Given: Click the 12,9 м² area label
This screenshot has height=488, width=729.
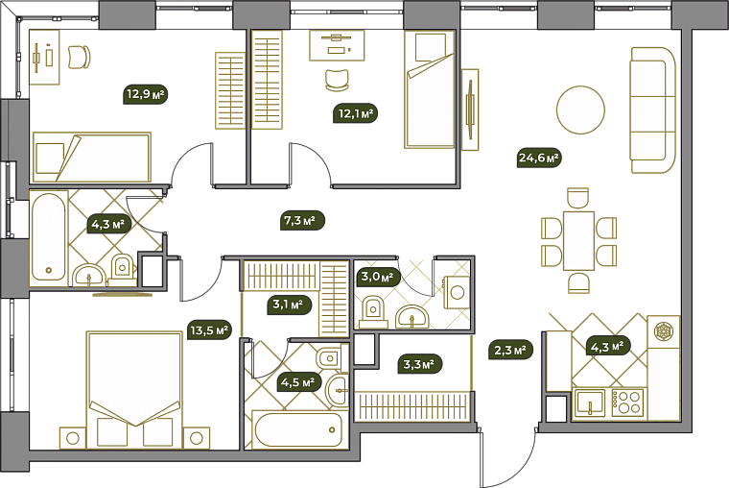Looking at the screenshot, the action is click(146, 94).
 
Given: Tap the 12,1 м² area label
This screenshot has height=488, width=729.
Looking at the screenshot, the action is click(355, 113).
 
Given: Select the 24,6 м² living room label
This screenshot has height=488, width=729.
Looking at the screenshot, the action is click(539, 158).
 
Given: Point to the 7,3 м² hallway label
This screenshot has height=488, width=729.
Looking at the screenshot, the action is click(303, 220).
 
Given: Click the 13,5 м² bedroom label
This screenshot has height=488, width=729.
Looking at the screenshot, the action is click(209, 330).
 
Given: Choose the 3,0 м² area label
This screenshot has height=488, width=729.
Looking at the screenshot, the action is click(378, 277).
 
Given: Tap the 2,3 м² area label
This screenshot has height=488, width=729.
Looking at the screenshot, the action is click(510, 350).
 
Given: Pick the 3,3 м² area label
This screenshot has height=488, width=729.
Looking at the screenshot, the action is click(419, 364).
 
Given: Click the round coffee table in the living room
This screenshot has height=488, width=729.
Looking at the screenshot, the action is click(580, 110).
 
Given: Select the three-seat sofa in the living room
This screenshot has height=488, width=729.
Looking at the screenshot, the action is click(653, 110).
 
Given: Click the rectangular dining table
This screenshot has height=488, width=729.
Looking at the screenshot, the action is click(578, 241).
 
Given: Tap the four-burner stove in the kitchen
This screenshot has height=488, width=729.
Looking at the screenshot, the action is click(627, 403).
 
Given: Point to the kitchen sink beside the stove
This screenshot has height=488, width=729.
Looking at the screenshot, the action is click(590, 403).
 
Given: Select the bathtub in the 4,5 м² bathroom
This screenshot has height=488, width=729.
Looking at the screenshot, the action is click(296, 429).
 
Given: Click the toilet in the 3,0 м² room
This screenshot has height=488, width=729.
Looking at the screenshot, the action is click(372, 311).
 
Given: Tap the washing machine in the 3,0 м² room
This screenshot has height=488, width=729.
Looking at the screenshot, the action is click(457, 292).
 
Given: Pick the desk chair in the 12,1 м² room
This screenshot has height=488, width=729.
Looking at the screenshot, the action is click(337, 80).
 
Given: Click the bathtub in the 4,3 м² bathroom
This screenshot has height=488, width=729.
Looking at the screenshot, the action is click(49, 236).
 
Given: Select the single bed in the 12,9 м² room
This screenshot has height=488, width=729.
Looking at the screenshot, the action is click(91, 157).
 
